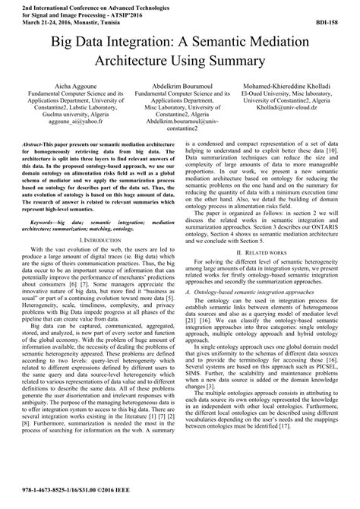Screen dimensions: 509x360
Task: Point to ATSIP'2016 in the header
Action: tap(131, 14)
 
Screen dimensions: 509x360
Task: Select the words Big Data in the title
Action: tap(77, 40)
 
